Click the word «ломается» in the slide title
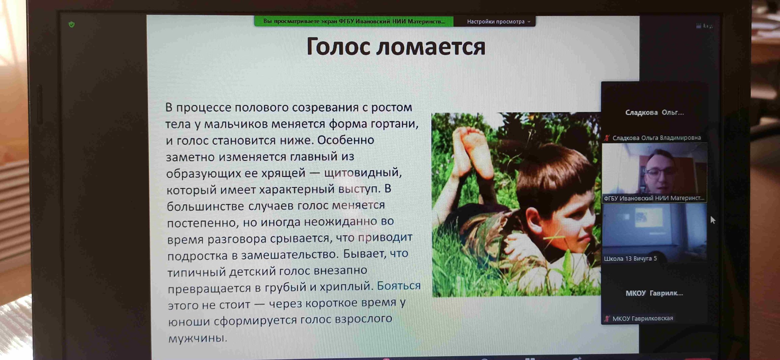431,47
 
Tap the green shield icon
72,24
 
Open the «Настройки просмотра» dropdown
498,22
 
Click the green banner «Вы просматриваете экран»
354,21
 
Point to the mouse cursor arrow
713,220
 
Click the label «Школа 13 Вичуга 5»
630,259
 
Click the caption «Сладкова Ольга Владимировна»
656,138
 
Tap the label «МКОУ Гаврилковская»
643,318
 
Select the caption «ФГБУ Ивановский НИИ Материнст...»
654,198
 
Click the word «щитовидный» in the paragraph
363,173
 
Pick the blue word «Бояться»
399,286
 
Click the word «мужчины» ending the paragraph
198,338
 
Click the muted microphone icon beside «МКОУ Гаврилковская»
607,319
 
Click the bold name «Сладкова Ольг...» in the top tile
654,113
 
